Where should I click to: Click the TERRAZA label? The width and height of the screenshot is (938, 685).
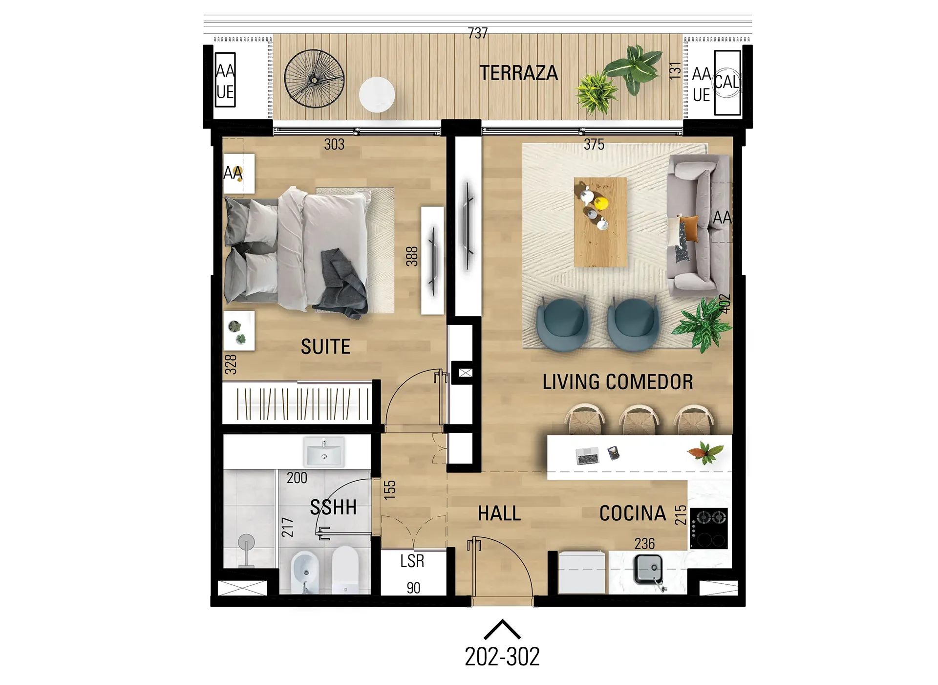click(x=518, y=73)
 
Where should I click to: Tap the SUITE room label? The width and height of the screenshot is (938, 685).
click(x=325, y=347)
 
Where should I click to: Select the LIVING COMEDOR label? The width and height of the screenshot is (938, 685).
click(x=618, y=382)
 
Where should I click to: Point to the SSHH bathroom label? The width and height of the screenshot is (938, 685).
click(x=333, y=507)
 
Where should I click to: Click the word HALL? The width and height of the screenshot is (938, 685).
click(x=499, y=513)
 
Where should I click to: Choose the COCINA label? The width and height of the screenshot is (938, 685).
click(x=633, y=513)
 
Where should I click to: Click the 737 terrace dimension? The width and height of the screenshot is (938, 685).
click(x=477, y=33)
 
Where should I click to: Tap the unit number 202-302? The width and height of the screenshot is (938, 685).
click(x=502, y=656)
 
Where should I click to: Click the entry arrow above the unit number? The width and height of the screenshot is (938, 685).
click(x=502, y=629)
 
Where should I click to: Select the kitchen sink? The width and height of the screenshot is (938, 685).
click(x=648, y=569)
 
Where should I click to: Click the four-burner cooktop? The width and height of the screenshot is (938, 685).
click(x=708, y=528)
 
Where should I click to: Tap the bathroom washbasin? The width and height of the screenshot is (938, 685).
click(x=324, y=452)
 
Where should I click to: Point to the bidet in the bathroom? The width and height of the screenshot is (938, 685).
click(x=305, y=572)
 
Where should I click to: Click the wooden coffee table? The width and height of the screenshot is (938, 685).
click(x=600, y=222)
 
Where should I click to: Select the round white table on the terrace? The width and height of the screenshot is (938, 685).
click(x=377, y=94)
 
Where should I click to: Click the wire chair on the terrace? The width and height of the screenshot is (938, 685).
click(x=314, y=79)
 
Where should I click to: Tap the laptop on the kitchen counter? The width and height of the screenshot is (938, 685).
click(x=587, y=456)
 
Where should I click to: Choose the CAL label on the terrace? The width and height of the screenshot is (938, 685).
click(x=726, y=82)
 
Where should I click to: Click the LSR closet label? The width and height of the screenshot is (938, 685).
click(x=412, y=561)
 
